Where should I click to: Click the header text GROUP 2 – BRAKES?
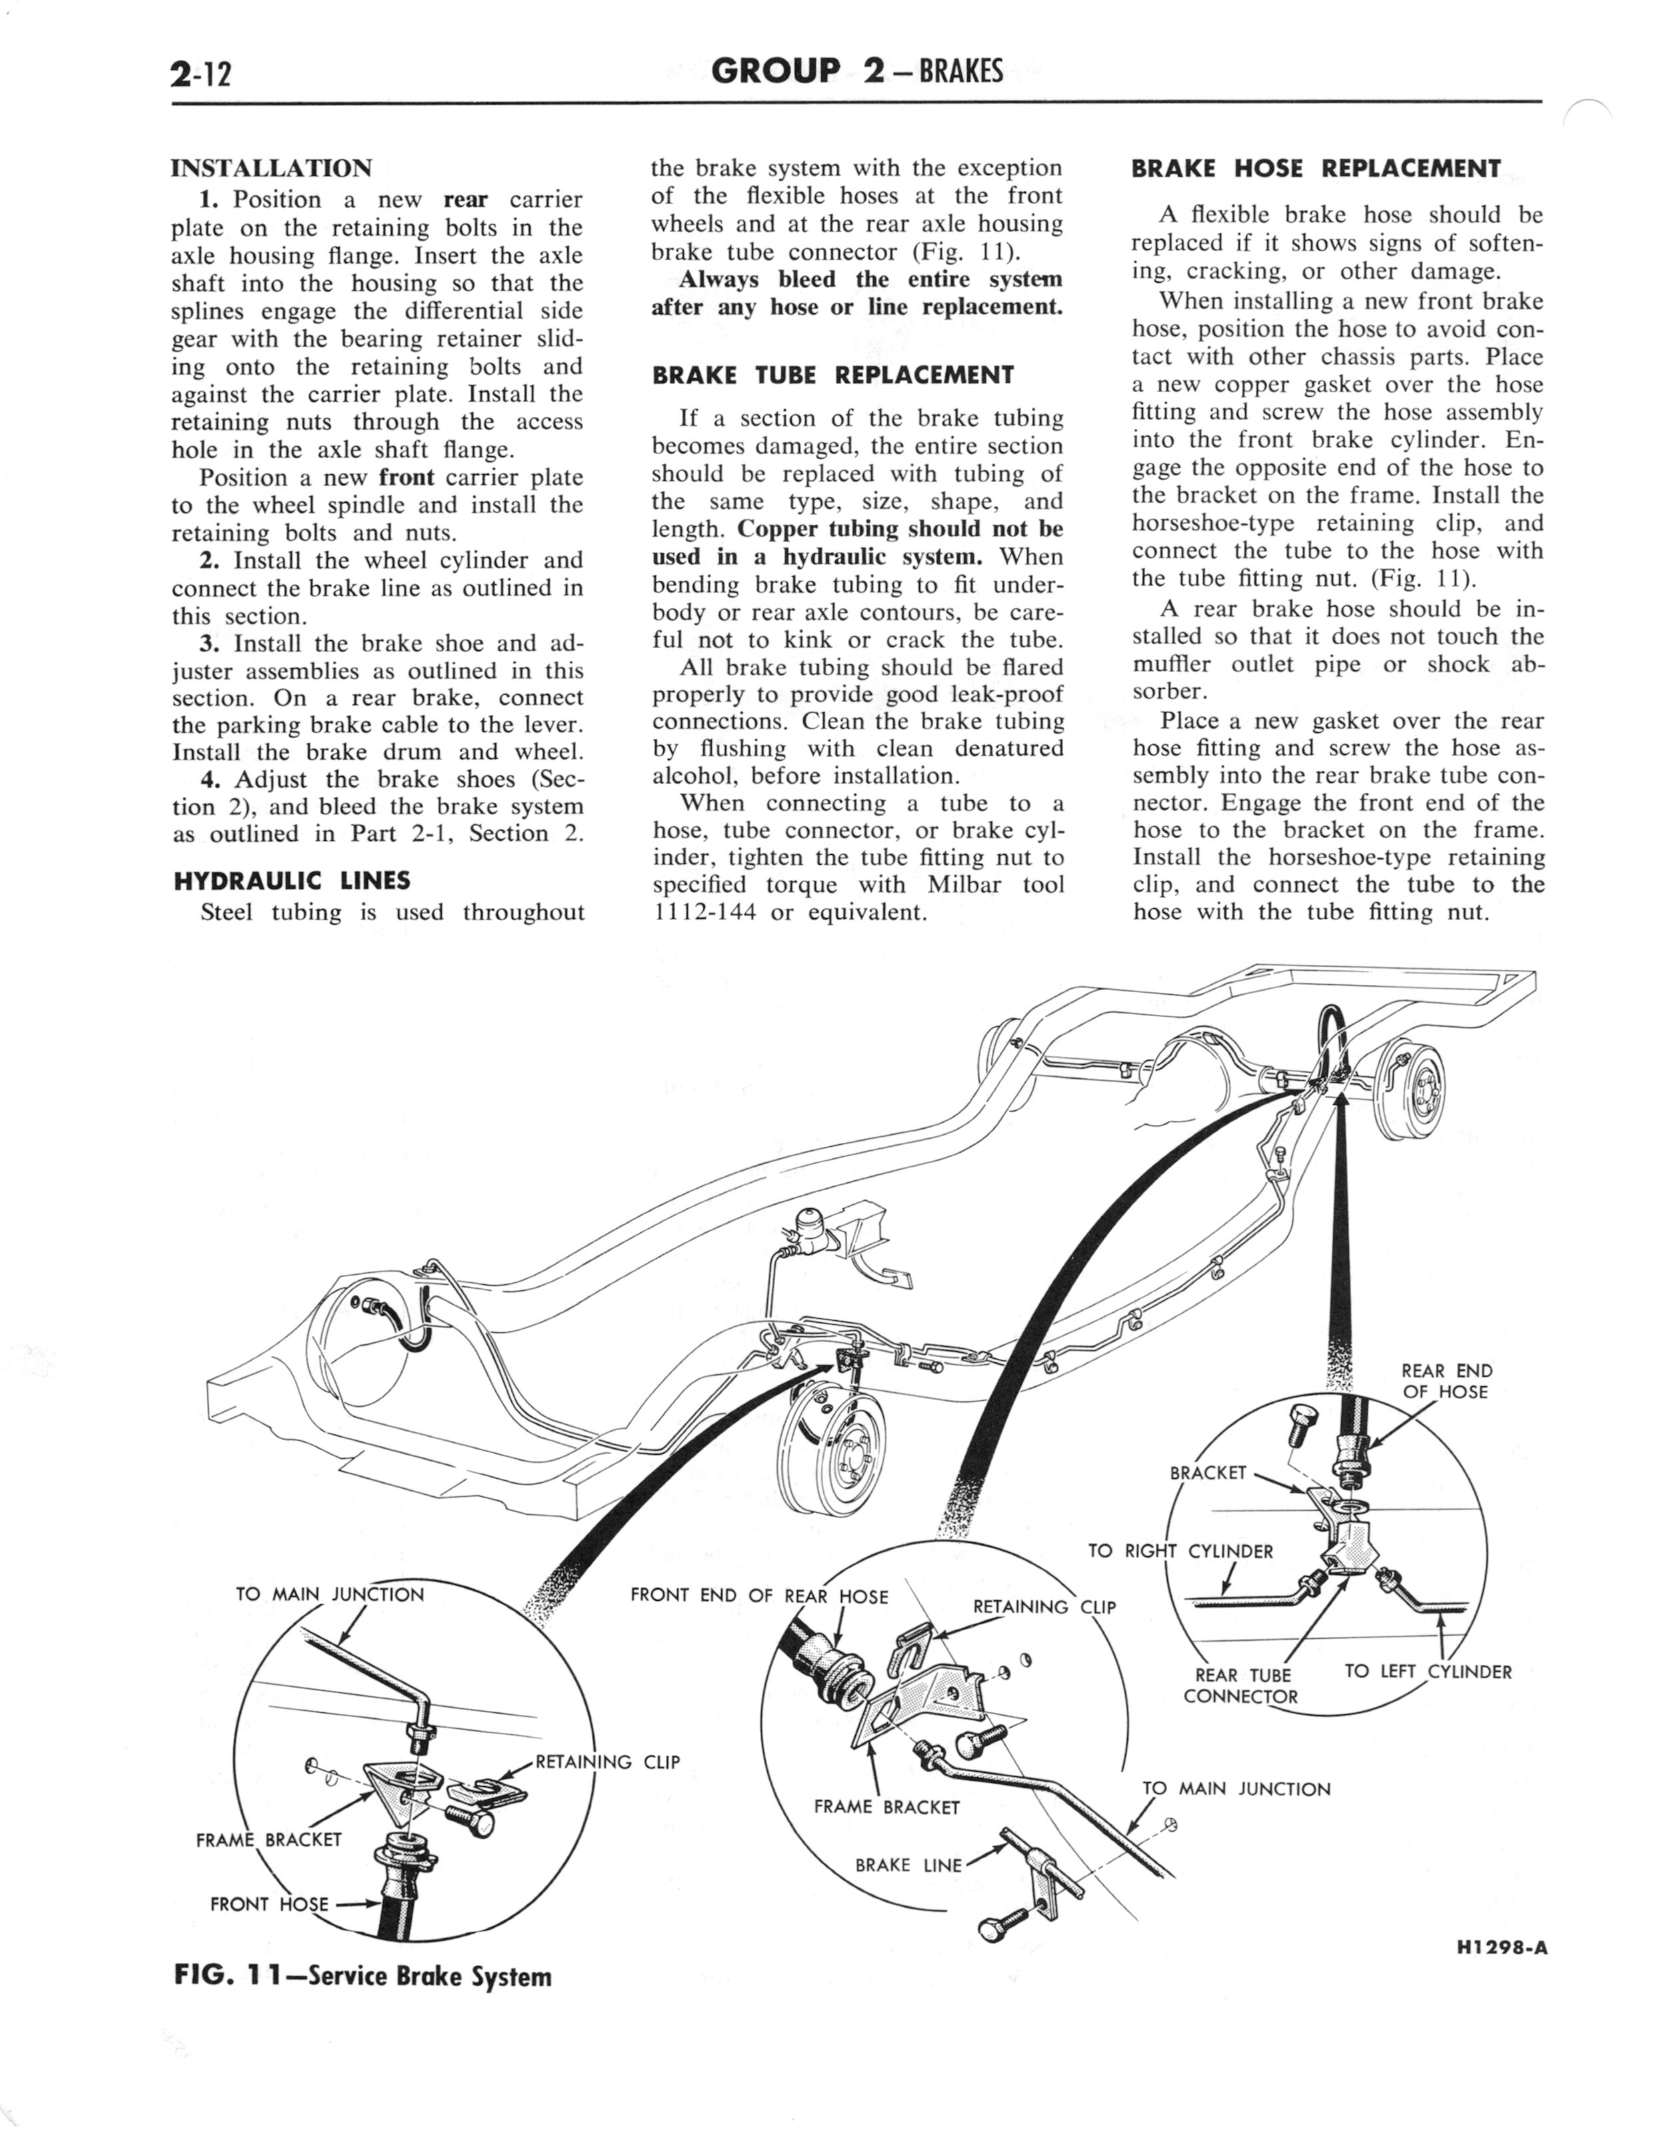click(856, 71)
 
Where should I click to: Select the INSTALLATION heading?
click(271, 167)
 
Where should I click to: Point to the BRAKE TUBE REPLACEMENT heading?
click(832, 375)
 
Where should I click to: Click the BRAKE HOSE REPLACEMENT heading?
click(1316, 168)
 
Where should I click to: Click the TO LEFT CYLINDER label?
click(1428, 1671)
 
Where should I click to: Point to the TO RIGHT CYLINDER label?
click(1180, 1552)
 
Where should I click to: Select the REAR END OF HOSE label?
click(1446, 1382)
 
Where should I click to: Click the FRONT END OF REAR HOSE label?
click(759, 1595)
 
